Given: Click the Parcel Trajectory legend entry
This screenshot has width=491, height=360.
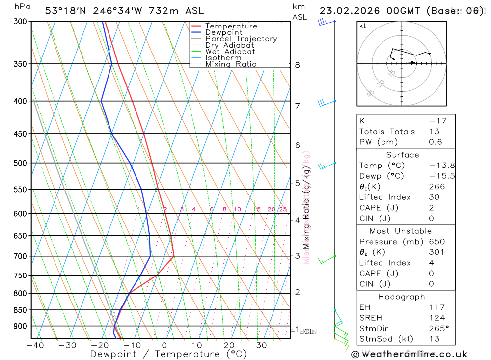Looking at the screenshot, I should (241, 39).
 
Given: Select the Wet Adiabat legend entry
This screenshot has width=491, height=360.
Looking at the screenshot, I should (230, 52).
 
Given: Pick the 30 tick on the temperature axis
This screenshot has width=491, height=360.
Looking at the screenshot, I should (261, 346).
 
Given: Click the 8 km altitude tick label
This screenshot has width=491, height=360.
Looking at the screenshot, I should (298, 65).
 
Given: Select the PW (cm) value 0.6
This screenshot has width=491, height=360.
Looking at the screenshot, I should (436, 142).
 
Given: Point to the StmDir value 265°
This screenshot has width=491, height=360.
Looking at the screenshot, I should (438, 329).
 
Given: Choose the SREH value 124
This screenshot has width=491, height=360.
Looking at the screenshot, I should (436, 318).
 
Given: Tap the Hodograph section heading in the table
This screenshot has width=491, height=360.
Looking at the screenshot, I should (402, 297).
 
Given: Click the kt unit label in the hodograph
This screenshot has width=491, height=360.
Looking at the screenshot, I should (363, 26).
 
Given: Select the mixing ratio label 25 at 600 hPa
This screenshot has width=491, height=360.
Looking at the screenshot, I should (283, 210).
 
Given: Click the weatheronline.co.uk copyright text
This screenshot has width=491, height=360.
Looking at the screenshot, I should (409, 354).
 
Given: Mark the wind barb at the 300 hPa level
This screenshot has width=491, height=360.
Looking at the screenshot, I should (324, 22).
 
